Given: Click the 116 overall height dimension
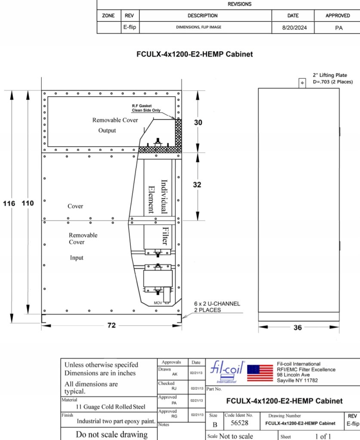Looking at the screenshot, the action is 9,203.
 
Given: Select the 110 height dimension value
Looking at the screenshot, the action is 28,203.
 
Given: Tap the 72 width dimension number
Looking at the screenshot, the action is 111,325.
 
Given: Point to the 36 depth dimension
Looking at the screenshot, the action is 298,327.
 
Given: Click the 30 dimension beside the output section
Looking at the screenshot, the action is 198,122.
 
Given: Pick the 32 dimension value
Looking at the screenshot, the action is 197,185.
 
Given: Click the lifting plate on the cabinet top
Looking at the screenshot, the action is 302,83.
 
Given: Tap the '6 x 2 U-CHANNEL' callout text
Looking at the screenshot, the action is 217,304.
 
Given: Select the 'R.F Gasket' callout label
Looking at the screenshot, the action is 142,106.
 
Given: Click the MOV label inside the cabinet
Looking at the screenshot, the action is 158,303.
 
